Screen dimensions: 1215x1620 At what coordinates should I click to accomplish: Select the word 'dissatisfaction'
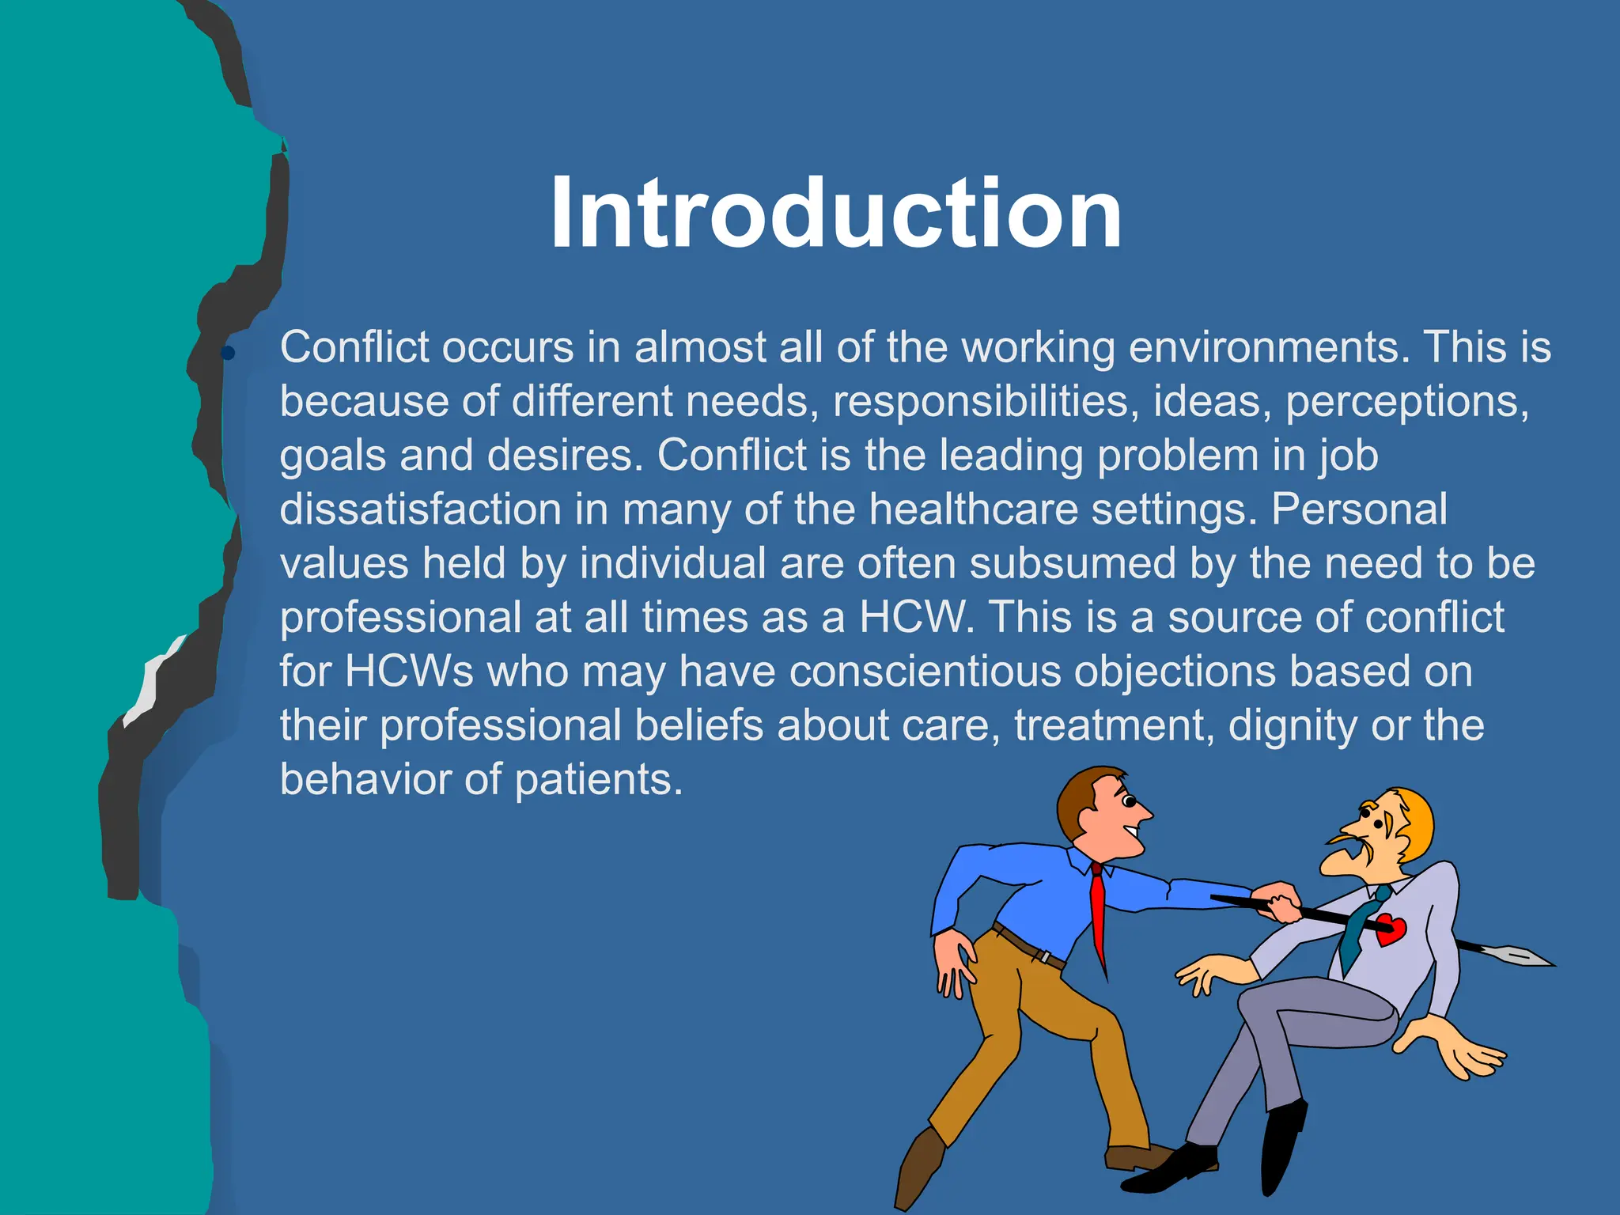420,509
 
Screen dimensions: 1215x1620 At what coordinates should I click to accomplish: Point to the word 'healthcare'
973,509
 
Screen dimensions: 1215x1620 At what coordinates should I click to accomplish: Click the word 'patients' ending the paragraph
598,780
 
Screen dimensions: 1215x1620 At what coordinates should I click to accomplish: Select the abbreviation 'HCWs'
409,672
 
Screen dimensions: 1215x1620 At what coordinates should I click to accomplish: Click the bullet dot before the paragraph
228,353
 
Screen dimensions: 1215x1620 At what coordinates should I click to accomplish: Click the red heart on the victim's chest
1390,929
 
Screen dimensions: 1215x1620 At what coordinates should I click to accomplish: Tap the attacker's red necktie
1098,918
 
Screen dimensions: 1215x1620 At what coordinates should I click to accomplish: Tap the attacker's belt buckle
1046,957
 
